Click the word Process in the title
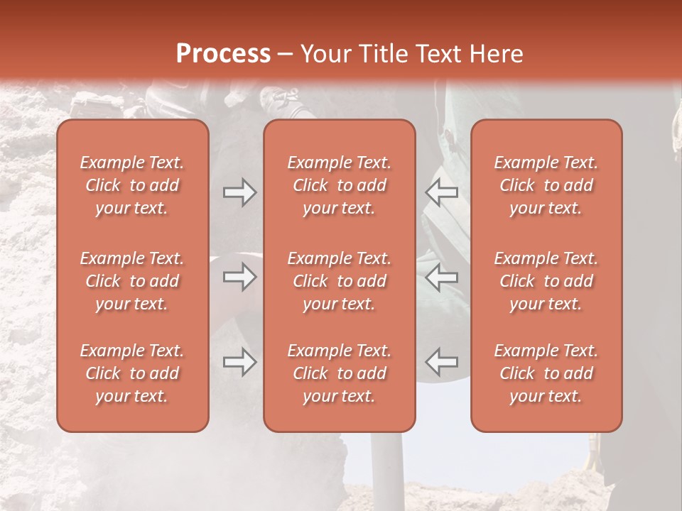[x=223, y=54]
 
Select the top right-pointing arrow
[x=239, y=192]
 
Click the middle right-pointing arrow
[x=239, y=277]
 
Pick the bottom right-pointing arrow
[x=239, y=361]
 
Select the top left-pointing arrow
[x=442, y=192]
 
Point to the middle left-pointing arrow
[x=442, y=277]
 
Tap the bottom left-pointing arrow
[x=442, y=361]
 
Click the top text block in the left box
[x=132, y=185]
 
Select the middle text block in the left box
[x=132, y=281]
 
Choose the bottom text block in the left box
[x=132, y=373]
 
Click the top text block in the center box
[x=340, y=185]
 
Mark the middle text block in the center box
[x=340, y=281]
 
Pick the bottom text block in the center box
[x=340, y=373]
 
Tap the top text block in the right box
[x=546, y=185]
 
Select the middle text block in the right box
[x=546, y=281]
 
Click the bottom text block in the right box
[x=546, y=373]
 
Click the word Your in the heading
[x=323, y=54]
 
